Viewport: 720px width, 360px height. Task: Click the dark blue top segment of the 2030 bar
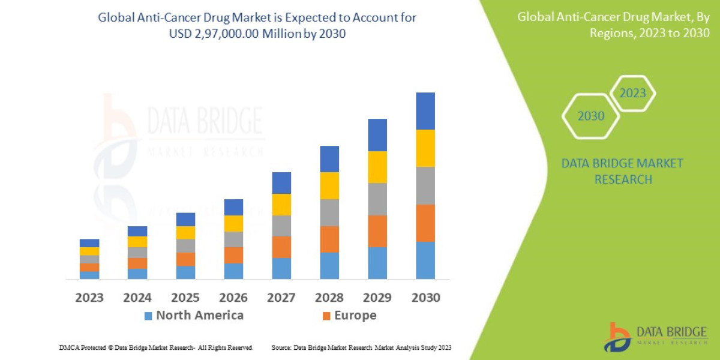tap(425, 111)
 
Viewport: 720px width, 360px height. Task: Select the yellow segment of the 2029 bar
tap(377, 167)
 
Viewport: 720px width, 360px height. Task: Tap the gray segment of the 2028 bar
tap(329, 212)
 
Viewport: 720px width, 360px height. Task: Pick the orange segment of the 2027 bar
tap(281, 247)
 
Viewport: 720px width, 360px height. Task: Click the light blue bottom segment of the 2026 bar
tap(233, 271)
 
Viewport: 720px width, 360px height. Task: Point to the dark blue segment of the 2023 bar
tap(89, 243)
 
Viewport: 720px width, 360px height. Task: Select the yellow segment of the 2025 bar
tap(185, 232)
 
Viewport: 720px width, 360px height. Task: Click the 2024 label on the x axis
tap(137, 298)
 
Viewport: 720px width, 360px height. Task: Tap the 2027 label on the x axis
tap(281, 298)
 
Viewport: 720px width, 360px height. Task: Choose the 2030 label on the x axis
tap(425, 298)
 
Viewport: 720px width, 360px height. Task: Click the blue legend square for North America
tap(148, 316)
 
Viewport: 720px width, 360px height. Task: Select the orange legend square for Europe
tap(326, 316)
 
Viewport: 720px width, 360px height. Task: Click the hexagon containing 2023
tap(632, 93)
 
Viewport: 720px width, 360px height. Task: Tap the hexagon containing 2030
tap(590, 116)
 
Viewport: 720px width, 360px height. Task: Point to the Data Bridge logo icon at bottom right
tap(617, 337)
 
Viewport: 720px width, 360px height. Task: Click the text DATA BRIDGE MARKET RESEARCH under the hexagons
tap(622, 171)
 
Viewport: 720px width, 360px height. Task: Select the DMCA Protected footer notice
tap(157, 347)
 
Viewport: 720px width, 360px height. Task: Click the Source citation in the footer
tap(361, 347)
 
